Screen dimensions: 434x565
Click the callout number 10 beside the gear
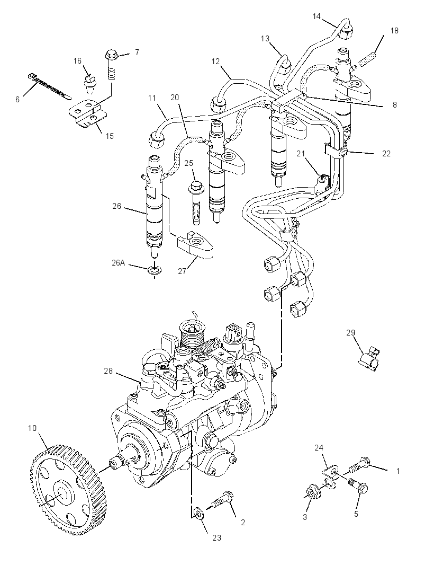click(32, 428)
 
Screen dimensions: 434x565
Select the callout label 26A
click(118, 263)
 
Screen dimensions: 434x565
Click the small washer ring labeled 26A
click(155, 269)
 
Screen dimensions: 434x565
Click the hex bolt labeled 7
click(112, 65)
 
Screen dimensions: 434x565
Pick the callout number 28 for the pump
click(108, 371)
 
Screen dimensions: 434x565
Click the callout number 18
click(394, 31)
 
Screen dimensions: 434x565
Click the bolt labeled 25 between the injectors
click(195, 204)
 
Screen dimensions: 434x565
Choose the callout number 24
click(319, 447)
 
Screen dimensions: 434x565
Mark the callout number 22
click(386, 154)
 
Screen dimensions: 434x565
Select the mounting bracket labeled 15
click(88, 113)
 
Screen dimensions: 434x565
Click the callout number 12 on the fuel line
click(215, 61)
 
